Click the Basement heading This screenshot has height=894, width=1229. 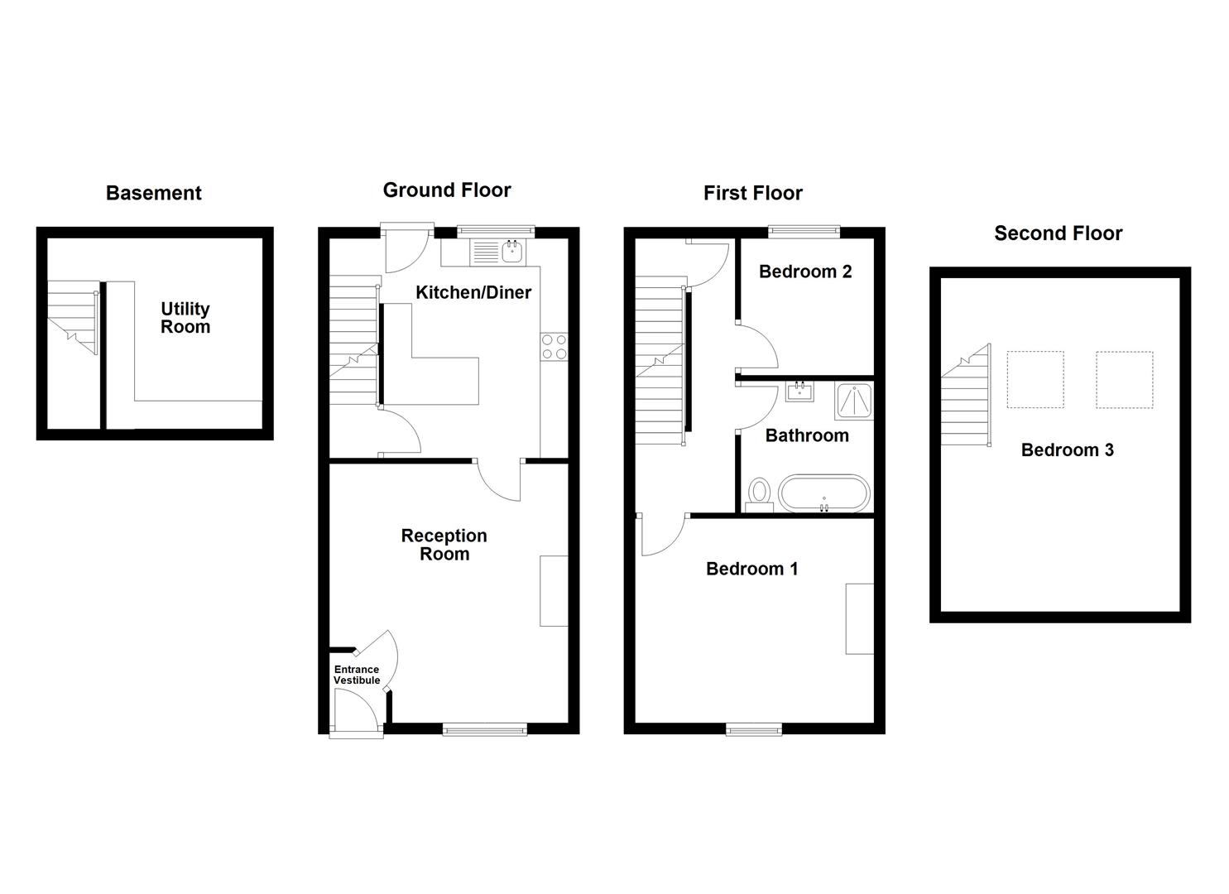tap(154, 194)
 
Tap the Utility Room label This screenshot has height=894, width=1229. tap(185, 318)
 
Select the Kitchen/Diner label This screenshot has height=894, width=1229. tap(473, 292)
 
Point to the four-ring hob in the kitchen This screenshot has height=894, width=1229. tap(554, 346)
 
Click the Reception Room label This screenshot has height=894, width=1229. tap(444, 545)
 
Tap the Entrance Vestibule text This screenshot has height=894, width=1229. tap(357, 675)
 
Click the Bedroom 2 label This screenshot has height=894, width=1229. tap(804, 272)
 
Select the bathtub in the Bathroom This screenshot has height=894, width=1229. tap(824, 493)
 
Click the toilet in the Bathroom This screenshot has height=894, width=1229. tap(758, 495)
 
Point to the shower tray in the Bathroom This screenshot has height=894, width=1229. tap(853, 401)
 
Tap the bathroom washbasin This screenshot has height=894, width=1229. tap(799, 391)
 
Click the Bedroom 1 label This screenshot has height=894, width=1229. tap(751, 569)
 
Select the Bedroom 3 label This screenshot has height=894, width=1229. tap(1067, 450)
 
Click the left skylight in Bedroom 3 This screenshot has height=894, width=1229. tap(1035, 379)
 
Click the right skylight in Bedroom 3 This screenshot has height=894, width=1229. tap(1124, 379)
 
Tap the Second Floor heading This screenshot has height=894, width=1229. tap(1058, 233)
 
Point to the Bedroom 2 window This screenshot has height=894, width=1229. tap(804, 233)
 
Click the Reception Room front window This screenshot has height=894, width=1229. tap(484, 729)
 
